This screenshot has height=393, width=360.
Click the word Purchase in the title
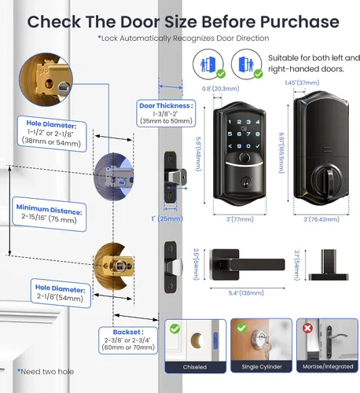point(299,22)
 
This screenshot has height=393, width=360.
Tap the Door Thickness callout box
point(166,113)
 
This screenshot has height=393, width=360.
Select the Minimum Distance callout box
point(50,214)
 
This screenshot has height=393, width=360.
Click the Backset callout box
point(128,340)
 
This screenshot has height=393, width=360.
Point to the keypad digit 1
point(230,122)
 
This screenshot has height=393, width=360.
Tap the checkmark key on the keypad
point(258,146)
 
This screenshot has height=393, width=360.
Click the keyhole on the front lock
point(246,183)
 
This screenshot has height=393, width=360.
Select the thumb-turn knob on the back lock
point(327,179)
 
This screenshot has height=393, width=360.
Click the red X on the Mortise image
point(307,328)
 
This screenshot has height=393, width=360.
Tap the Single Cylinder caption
point(262,367)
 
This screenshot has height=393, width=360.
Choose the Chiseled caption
point(195,367)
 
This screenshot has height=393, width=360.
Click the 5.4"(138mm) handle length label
point(246,293)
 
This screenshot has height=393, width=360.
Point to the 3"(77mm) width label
point(240,219)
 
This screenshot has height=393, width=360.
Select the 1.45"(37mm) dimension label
point(302,83)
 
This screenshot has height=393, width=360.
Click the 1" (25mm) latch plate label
point(167,219)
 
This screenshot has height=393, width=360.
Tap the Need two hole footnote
point(46,372)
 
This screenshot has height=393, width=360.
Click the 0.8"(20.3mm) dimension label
point(220,89)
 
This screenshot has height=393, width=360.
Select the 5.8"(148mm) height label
point(199,154)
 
